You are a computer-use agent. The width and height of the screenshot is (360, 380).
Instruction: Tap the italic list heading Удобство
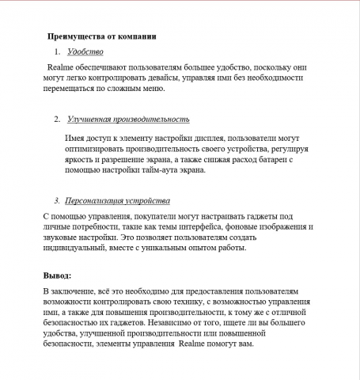[85, 52]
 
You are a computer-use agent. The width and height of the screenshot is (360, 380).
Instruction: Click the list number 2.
[58, 120]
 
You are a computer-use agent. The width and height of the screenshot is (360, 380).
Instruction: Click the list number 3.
[57, 201]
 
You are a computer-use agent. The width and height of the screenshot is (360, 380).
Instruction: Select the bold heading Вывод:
[58, 275]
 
